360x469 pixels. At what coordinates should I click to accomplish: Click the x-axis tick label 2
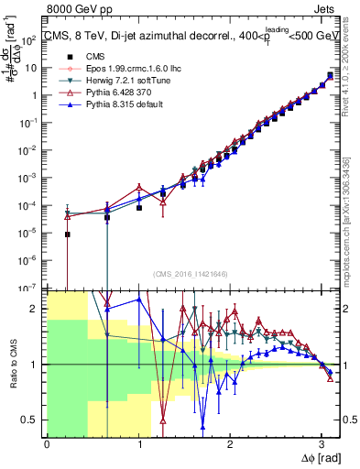click(x=229, y=443)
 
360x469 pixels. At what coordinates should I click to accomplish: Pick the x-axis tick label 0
click(x=47, y=443)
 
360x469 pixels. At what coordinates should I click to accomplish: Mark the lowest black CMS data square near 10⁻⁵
click(x=68, y=234)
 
